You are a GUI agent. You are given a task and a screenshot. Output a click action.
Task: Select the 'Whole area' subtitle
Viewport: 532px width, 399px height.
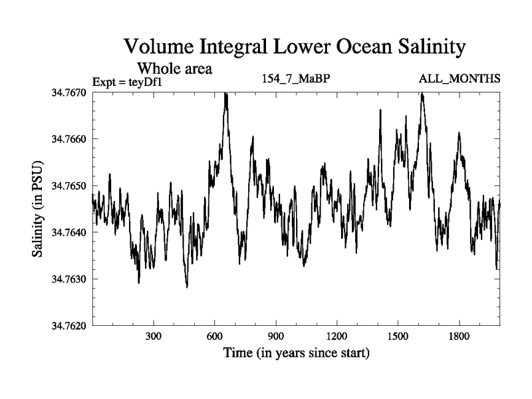[175, 68]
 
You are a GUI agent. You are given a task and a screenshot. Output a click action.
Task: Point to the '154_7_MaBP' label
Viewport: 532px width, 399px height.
[297, 79]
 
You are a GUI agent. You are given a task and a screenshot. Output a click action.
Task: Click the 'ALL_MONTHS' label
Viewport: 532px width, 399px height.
[460, 79]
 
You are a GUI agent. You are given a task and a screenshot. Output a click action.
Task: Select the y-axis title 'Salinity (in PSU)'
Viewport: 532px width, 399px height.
[37, 209]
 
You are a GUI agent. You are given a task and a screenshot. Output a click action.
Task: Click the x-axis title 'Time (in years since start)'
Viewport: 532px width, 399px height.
[296, 352]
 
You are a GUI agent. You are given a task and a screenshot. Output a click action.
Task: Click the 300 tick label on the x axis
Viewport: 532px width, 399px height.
[154, 336]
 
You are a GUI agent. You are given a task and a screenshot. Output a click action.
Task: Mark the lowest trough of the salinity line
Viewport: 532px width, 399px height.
[187, 287]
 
